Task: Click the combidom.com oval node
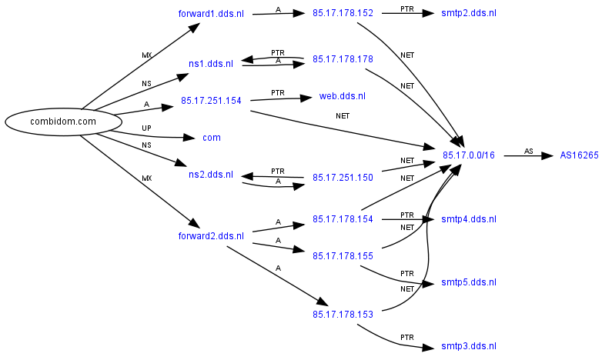point(64,122)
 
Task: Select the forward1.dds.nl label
point(210,13)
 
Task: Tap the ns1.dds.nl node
point(210,64)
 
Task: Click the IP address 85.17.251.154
point(211,101)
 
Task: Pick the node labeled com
point(211,138)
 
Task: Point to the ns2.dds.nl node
point(210,175)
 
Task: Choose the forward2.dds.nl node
point(210,236)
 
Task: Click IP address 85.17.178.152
point(343,13)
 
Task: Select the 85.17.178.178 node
point(343,59)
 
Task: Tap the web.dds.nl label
point(343,96)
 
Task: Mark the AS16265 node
point(579,156)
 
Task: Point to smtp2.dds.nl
point(469,13)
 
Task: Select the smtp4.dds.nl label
point(469,219)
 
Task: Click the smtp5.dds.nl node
point(469,282)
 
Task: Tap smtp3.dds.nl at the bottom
point(469,347)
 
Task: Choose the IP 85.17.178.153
point(343,315)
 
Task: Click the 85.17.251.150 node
point(343,178)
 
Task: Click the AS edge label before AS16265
point(528,151)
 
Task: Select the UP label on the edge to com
point(146,128)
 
